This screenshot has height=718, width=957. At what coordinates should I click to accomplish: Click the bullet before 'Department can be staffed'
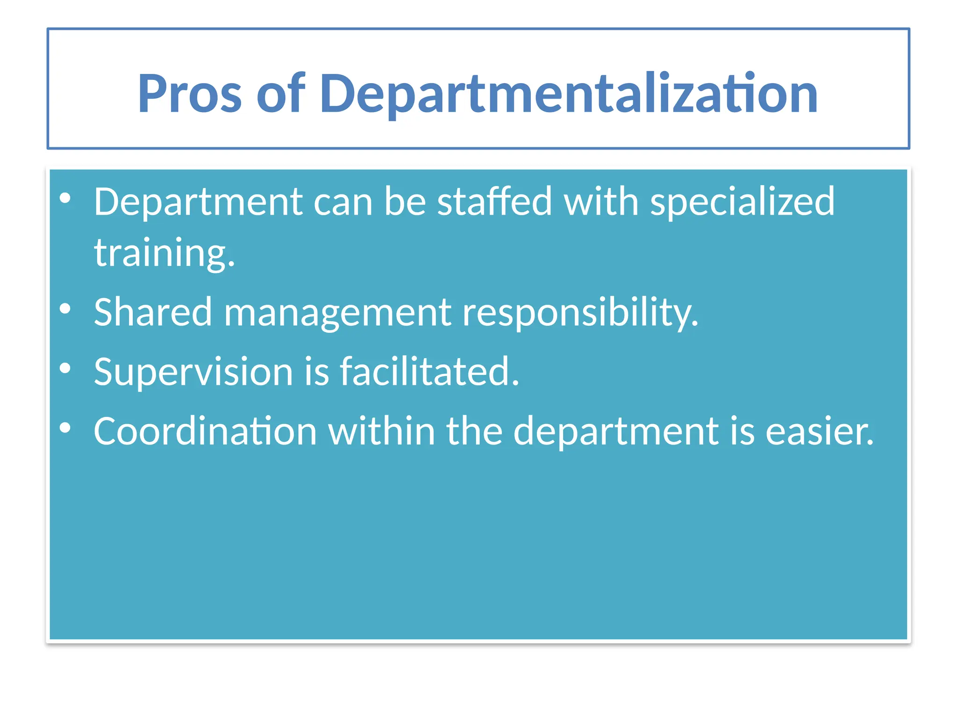pyautogui.click(x=65, y=198)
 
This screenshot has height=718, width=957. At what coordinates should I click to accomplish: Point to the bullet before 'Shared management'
pyautogui.click(x=65, y=309)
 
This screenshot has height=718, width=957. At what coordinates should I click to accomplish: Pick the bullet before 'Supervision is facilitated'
pyautogui.click(x=65, y=368)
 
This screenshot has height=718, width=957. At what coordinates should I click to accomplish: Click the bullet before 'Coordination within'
pyautogui.click(x=65, y=427)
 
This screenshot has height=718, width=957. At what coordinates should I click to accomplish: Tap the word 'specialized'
pyautogui.click(x=742, y=202)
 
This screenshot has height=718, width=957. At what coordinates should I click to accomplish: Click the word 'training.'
pyautogui.click(x=164, y=253)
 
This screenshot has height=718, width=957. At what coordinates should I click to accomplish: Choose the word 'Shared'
pyautogui.click(x=153, y=312)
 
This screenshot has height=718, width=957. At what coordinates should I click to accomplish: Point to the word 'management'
pyautogui.click(x=337, y=312)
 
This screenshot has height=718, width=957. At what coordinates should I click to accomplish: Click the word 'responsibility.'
pyautogui.click(x=580, y=312)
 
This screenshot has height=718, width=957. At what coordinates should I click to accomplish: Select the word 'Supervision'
pyautogui.click(x=193, y=372)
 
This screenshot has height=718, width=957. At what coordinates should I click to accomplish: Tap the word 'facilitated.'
pyautogui.click(x=429, y=372)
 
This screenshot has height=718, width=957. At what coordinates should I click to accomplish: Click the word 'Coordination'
pyautogui.click(x=205, y=431)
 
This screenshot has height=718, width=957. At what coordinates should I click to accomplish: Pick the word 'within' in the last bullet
pyautogui.click(x=382, y=431)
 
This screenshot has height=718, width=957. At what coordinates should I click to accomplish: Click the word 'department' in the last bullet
pyautogui.click(x=616, y=431)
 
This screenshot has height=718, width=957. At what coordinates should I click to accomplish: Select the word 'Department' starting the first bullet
pyautogui.click(x=198, y=202)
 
